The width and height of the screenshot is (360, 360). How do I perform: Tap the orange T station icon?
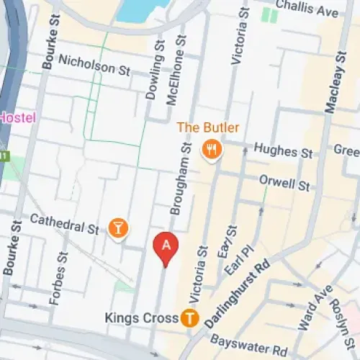pos(190,317)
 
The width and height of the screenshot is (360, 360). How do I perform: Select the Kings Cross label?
pos(140,318)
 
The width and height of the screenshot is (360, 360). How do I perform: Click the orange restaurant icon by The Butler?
pos(212,150)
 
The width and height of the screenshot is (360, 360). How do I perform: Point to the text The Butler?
pos(208,128)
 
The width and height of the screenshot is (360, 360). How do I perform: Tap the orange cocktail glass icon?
pos(118,229)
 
